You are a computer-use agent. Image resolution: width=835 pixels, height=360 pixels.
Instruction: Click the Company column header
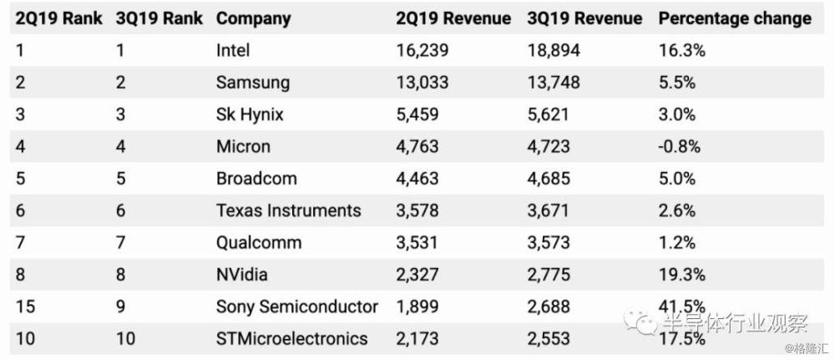click(x=253, y=18)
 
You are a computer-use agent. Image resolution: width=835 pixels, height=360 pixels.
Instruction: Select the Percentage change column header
click(x=735, y=18)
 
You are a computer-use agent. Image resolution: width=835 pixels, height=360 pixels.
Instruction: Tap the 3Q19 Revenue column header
click(x=584, y=18)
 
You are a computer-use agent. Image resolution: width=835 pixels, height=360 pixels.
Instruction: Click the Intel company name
click(x=233, y=50)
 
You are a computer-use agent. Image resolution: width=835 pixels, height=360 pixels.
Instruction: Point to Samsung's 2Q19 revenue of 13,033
click(x=423, y=83)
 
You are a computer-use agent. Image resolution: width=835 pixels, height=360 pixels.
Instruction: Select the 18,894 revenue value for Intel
click(x=554, y=50)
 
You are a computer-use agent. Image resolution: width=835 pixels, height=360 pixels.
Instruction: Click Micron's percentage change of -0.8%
click(x=680, y=146)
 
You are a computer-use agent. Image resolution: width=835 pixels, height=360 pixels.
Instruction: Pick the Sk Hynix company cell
click(x=250, y=114)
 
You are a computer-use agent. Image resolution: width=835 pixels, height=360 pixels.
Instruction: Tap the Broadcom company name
click(x=256, y=179)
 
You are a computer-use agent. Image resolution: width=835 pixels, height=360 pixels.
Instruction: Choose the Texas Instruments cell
click(x=288, y=210)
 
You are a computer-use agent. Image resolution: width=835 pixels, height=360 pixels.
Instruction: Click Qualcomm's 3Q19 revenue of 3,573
click(x=549, y=243)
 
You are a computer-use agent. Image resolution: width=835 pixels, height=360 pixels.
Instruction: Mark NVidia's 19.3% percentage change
click(x=682, y=275)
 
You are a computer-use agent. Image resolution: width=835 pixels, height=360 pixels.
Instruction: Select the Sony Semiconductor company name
click(x=296, y=307)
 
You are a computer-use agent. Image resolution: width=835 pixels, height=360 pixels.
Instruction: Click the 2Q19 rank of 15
click(x=25, y=307)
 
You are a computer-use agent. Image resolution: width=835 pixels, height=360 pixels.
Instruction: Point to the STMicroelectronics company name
click(x=291, y=338)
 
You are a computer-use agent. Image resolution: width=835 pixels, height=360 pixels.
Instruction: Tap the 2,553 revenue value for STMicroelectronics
click(x=549, y=338)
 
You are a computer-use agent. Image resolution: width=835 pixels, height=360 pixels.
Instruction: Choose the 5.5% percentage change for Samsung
click(x=678, y=83)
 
